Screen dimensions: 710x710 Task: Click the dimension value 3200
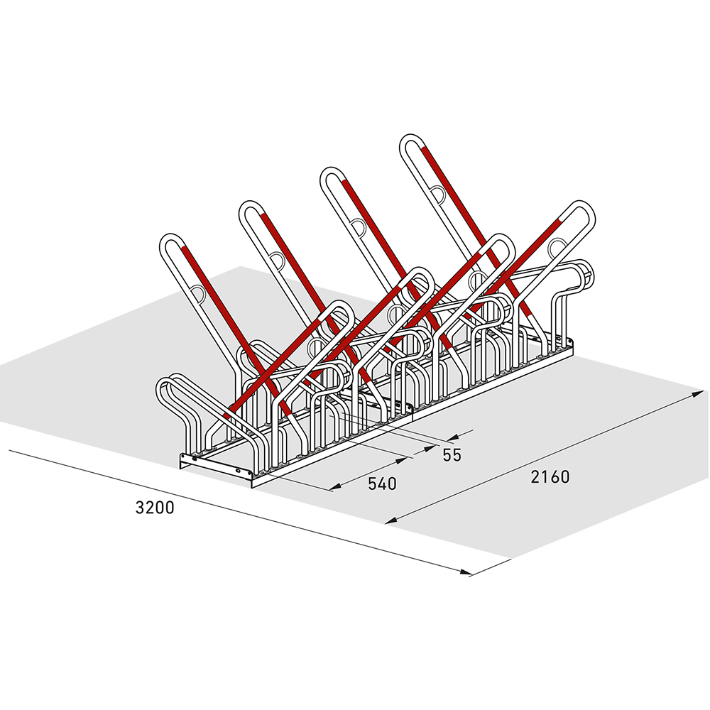click(x=154, y=508)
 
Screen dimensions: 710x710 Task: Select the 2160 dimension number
click(x=550, y=477)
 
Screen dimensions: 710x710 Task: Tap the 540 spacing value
click(x=381, y=484)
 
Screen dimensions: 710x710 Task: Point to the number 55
click(x=452, y=455)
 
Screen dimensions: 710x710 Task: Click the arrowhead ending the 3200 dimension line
click(x=464, y=572)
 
